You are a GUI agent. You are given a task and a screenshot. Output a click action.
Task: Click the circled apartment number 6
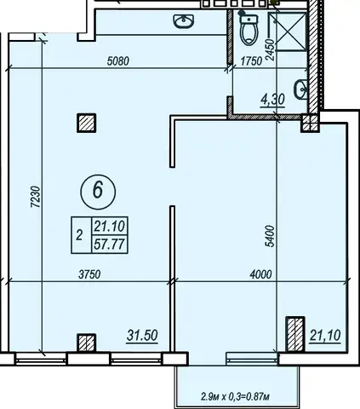[x=98, y=192]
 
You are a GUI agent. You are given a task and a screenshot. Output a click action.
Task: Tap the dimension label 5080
[x=118, y=60]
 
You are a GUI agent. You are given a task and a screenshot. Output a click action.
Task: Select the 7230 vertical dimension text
[x=36, y=197]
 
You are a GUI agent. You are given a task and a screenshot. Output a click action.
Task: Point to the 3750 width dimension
[x=89, y=274]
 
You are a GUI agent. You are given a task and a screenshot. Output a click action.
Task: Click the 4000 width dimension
[x=260, y=274]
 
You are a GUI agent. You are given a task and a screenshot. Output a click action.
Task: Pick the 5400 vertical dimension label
[x=271, y=236]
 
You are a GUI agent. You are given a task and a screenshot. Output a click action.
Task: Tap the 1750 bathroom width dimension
[x=251, y=60]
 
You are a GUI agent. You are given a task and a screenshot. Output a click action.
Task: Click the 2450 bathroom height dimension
[x=271, y=49]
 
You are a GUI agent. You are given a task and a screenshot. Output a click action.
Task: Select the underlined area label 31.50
[x=142, y=336]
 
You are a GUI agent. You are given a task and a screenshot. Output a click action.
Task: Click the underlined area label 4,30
[x=272, y=100]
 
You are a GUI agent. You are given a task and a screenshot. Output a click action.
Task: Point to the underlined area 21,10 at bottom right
[x=325, y=336]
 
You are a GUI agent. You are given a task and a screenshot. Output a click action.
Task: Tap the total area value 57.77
[x=110, y=244]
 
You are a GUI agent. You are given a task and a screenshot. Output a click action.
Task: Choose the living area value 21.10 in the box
[x=110, y=227]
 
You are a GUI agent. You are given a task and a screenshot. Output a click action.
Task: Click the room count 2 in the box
[x=79, y=235]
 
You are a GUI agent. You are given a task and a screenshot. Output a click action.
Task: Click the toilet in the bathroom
[x=249, y=30]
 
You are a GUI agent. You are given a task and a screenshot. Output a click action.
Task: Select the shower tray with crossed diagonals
[x=288, y=32]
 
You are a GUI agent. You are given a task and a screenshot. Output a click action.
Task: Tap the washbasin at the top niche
[x=184, y=21]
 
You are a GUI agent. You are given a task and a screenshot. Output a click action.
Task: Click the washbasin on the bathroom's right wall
[x=301, y=89]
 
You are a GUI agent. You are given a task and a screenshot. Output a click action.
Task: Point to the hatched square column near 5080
[x=87, y=123]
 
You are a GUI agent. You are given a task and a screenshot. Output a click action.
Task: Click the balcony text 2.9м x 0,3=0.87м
[x=235, y=396]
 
